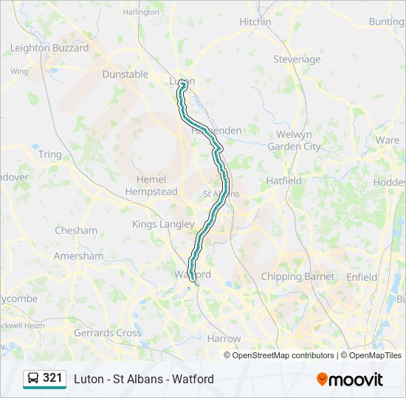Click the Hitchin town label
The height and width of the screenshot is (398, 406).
pos(255,22)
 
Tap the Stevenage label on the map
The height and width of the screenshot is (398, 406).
pos(297,59)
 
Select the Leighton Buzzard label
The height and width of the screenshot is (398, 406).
pos(49,48)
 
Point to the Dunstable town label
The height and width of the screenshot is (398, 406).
pos(125,74)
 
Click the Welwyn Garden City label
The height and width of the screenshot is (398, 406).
pos(294,141)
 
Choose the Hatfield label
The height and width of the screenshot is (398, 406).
pos(284,181)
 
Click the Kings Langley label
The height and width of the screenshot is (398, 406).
pos(163,224)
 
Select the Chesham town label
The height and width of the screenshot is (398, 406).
pos(76,230)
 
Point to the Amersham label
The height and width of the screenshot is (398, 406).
pos(79,256)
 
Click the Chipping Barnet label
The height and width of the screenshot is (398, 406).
pos(297,277)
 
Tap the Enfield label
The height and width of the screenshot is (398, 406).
pos(362,277)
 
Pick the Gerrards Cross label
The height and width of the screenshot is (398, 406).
pos(108,333)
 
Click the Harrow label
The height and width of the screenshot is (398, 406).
pos(224,338)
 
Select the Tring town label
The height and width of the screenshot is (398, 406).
pos(50,154)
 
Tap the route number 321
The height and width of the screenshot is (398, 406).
pos(52,378)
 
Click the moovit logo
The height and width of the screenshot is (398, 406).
pos(350,379)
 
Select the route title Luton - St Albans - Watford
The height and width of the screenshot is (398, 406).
pos(144,379)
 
